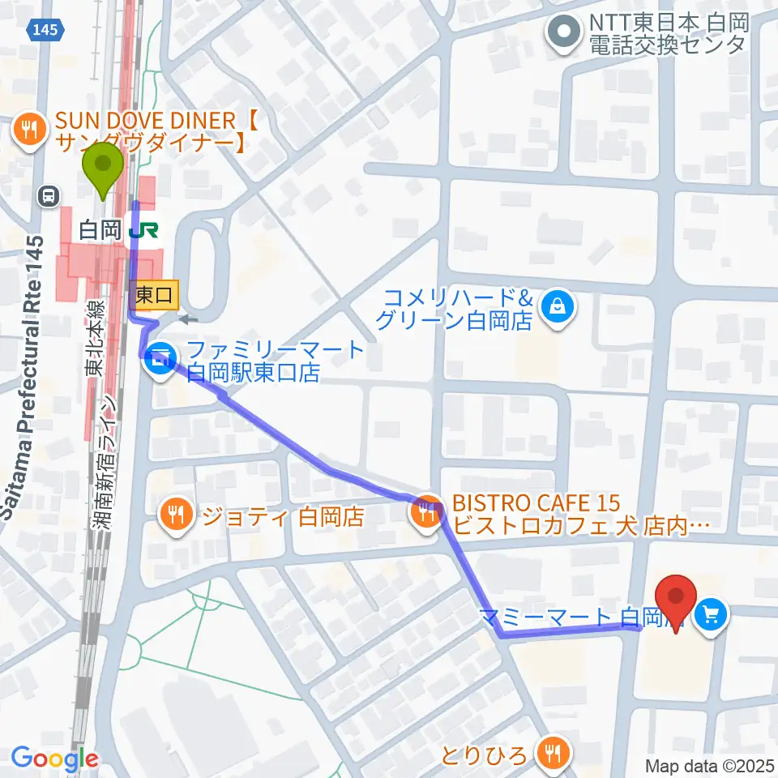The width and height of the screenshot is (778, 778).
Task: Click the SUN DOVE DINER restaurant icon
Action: coord(29,130)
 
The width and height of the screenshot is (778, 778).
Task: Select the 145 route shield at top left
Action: coord(46,29)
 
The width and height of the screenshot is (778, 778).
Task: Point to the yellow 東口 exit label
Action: coord(154,295)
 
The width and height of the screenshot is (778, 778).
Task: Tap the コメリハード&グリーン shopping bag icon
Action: coord(558,306)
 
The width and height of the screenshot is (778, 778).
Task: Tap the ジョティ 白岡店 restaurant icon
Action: coord(175,514)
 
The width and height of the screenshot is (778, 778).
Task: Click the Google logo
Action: coord(54,759)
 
